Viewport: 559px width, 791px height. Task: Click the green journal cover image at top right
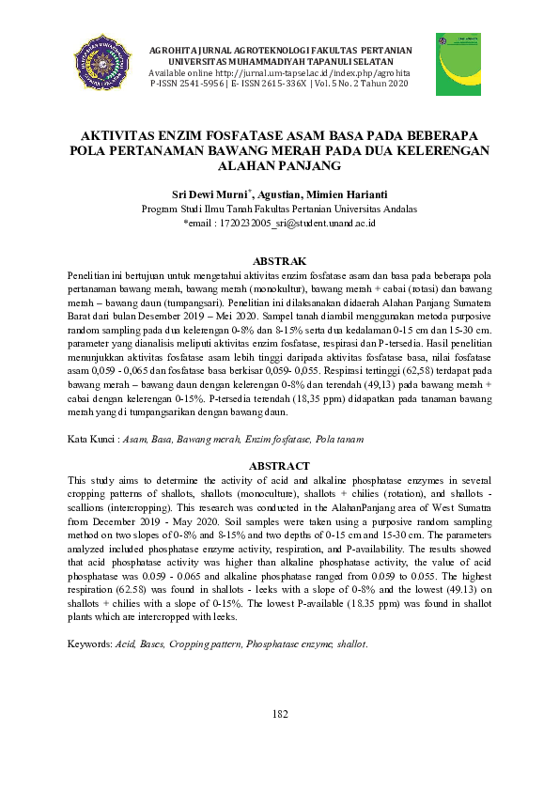coord(458,64)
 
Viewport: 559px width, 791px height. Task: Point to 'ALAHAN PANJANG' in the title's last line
coord(279,165)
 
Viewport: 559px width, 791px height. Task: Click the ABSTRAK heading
coord(279,260)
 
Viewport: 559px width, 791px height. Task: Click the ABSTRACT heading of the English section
coord(279,466)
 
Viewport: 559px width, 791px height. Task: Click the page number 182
coord(279,715)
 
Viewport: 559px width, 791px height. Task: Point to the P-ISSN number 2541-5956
coord(200,84)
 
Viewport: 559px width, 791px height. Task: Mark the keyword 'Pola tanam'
coord(340,440)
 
